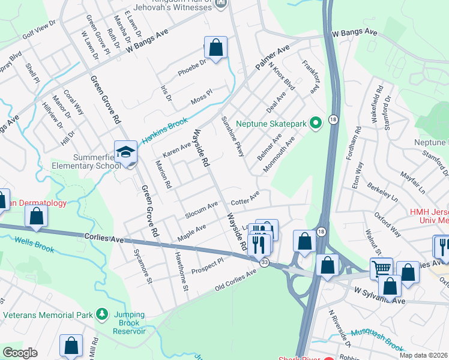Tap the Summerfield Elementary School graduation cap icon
pos(126,152)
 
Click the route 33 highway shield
pos(264,262)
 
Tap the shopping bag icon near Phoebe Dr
pos(215,47)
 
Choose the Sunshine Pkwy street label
pos(233,137)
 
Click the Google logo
pos(20,352)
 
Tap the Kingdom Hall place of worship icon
pos(221,4)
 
